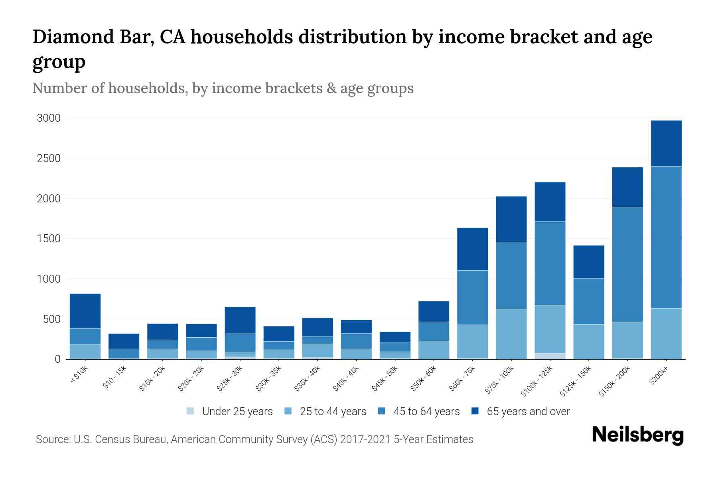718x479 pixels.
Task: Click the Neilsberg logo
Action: tap(637, 435)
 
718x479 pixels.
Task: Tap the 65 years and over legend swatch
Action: tap(475, 411)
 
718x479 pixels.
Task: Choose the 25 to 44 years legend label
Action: tap(333, 411)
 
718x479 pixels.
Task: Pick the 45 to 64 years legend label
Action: tap(426, 411)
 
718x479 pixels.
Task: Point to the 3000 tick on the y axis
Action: tap(49, 118)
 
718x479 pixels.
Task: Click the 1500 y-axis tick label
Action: tap(49, 239)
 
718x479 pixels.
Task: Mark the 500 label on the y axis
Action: tap(51, 319)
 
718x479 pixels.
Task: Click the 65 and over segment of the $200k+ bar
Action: tap(666, 143)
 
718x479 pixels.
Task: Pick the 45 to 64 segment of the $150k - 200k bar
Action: tap(627, 264)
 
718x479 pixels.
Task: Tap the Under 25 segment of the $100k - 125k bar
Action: tap(550, 356)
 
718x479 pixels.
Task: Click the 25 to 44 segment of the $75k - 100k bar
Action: tap(511, 334)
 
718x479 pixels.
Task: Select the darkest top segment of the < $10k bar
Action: tap(85, 311)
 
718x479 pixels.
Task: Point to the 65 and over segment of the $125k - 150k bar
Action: tap(588, 261)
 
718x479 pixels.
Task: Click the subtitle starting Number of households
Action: tap(223, 88)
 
